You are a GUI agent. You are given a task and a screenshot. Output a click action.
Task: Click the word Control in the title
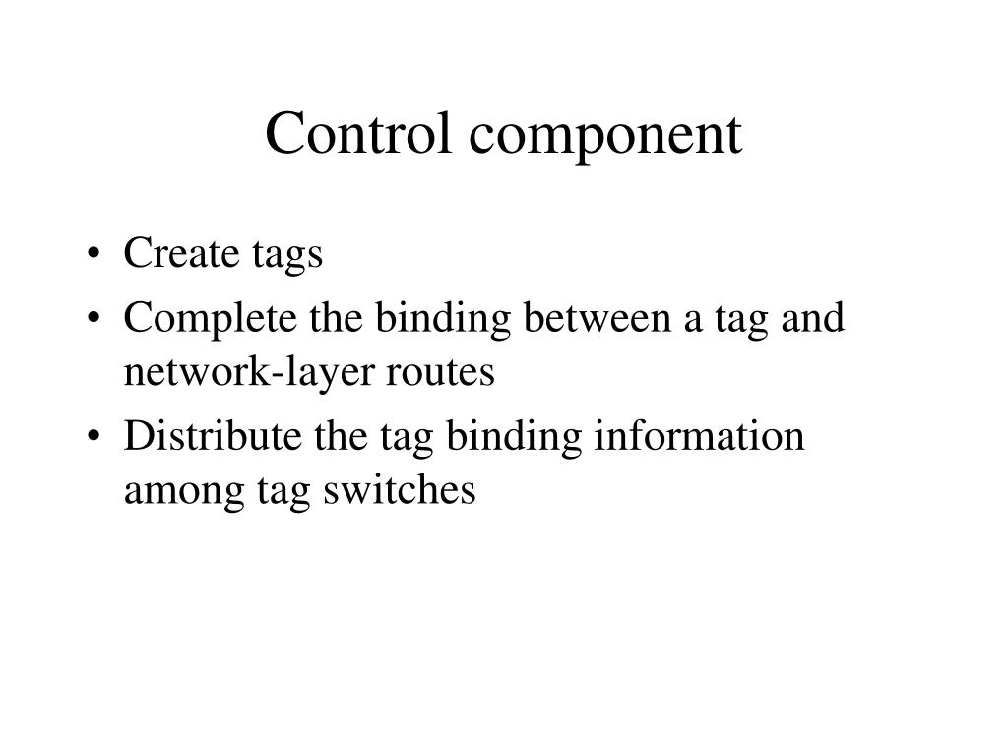pyautogui.click(x=345, y=135)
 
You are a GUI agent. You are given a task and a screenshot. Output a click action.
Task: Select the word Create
pyautogui.click(x=181, y=254)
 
